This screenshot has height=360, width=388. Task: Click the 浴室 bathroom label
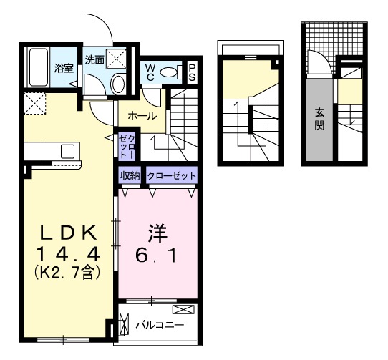pyautogui.click(x=64, y=69)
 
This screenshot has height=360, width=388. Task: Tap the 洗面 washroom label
pyautogui.click(x=94, y=60)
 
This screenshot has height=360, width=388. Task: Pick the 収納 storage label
pyautogui.click(x=130, y=175)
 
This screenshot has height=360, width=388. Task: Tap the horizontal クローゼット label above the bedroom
pyautogui.click(x=171, y=175)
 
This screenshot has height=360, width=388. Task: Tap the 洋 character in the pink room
pyautogui.click(x=157, y=233)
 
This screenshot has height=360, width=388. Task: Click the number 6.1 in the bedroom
pyautogui.click(x=157, y=253)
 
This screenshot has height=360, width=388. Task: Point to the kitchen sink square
pyautogui.click(x=67, y=150)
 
